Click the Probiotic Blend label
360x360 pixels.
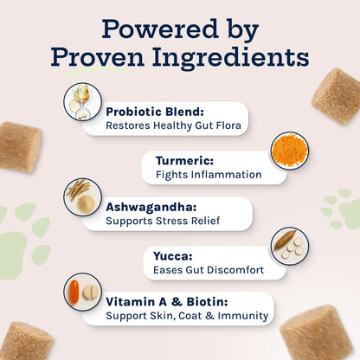[x=154, y=111]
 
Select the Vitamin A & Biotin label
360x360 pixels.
[x=167, y=302]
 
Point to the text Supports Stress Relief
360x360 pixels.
[x=163, y=222]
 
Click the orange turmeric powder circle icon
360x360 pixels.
[x=289, y=150]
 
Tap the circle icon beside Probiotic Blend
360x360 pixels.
[x=83, y=102]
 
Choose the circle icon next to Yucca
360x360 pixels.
[x=289, y=245]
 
